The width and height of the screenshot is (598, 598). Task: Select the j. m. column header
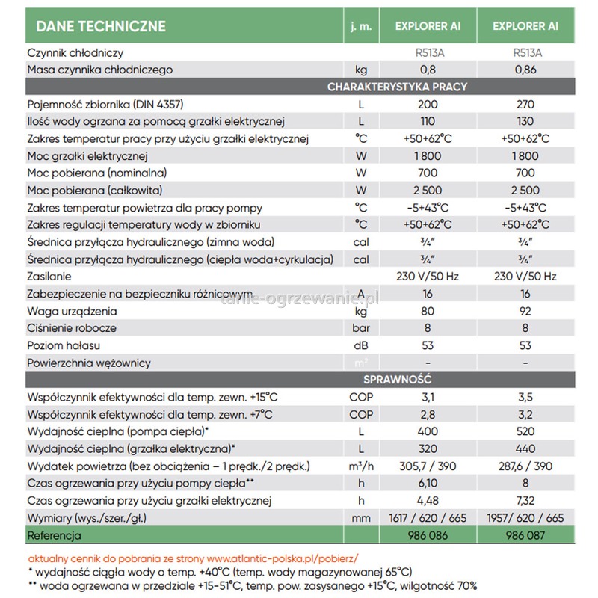(x=361, y=27)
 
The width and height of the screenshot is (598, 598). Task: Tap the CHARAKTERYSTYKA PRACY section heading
(x=397, y=87)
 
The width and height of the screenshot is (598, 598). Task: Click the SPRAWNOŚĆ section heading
(x=397, y=380)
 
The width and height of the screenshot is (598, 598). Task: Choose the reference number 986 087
(x=525, y=536)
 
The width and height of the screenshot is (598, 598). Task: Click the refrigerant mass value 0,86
(x=525, y=70)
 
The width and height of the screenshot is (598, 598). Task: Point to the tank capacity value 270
(x=525, y=104)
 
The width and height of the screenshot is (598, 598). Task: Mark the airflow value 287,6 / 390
(x=525, y=466)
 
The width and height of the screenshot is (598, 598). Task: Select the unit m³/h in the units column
(x=361, y=466)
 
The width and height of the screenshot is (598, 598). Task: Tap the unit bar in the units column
(x=361, y=328)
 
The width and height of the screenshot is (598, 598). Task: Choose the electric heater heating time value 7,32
(x=525, y=500)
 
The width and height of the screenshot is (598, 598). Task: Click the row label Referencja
(x=54, y=536)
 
